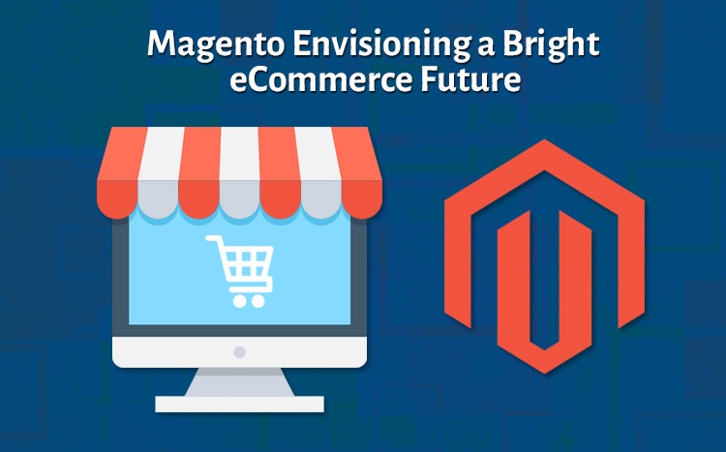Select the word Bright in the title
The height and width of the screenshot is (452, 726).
pyautogui.click(x=552, y=45)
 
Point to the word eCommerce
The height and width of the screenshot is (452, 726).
pyautogui.click(x=320, y=78)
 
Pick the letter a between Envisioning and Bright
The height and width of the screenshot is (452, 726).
pyautogui.click(x=486, y=48)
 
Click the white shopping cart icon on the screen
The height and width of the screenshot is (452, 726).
pyautogui.click(x=240, y=271)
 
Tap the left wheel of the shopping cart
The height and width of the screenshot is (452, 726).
pyautogui.click(x=239, y=301)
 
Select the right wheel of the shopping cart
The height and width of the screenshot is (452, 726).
pyautogui.click(x=257, y=301)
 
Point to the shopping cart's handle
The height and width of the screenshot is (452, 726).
pyautogui.click(x=213, y=238)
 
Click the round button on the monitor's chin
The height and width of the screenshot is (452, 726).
pyautogui.click(x=239, y=352)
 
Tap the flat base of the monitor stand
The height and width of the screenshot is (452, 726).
pyautogui.click(x=239, y=404)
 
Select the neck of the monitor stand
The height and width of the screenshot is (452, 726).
pyautogui.click(x=239, y=382)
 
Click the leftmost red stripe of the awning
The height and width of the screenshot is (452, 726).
pyautogui.click(x=119, y=172)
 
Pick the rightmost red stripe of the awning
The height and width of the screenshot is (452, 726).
pyautogui.click(x=359, y=172)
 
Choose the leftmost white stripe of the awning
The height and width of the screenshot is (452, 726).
pyautogui.click(x=160, y=172)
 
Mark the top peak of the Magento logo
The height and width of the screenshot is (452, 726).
pyautogui.click(x=544, y=140)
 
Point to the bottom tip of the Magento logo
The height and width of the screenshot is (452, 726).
pyautogui.click(x=544, y=373)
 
